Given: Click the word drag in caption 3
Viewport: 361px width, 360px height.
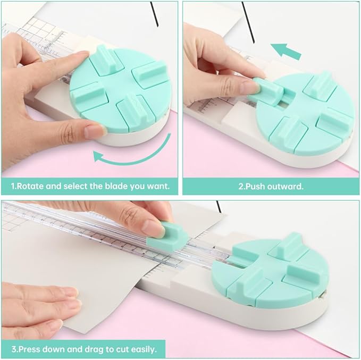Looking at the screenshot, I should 96,349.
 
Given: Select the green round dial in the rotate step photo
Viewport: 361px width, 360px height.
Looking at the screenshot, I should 120,96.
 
